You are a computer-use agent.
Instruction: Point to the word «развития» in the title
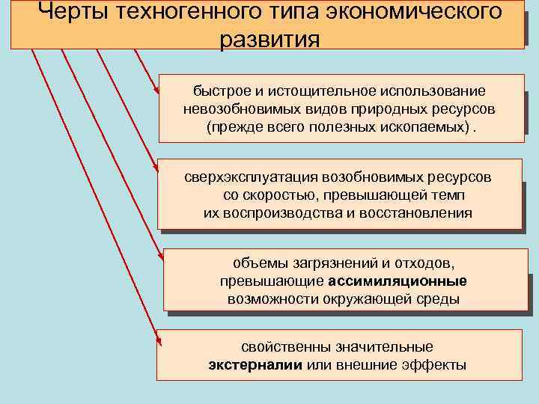coord(269,39)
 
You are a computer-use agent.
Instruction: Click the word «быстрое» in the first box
coord(219,91)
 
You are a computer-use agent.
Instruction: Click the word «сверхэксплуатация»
coord(251,178)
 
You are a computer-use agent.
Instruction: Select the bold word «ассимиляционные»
coord(397,281)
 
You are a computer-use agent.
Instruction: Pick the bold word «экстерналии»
coord(255,365)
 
